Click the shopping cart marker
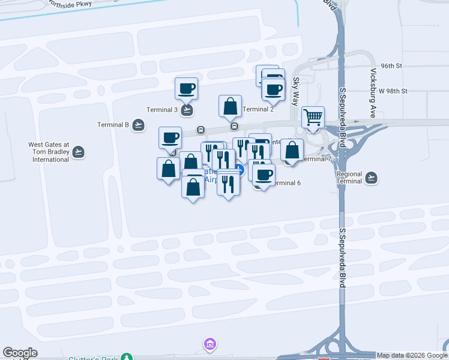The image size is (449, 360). tap(313, 118)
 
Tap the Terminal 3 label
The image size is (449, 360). tap(162, 110)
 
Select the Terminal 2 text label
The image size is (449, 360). tap(259, 109)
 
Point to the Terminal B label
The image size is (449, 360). tap(113, 125)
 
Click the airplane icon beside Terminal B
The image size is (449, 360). tap(139, 125)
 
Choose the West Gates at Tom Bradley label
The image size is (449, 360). tap(49, 152)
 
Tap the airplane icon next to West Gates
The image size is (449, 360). tap(79, 152)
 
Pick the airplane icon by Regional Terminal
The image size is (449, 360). tap(372, 178)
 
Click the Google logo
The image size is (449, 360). tap(20, 353)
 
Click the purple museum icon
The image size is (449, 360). tap(210, 345)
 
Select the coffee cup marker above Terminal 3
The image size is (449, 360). tap(186, 88)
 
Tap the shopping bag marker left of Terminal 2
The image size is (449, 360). tap(230, 106)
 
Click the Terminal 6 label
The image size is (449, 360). tap(286, 183)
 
